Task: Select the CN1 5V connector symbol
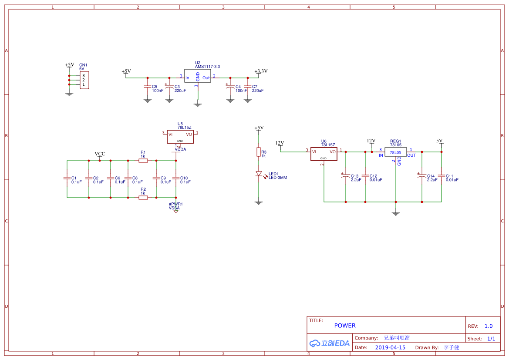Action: [x=84, y=80]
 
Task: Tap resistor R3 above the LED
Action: [x=259, y=152]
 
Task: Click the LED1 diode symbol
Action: [x=259, y=174]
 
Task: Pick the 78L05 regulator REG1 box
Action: [x=395, y=152]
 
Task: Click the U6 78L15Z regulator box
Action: [x=324, y=154]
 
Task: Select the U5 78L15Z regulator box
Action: [x=180, y=136]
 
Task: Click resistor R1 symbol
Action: [x=143, y=161]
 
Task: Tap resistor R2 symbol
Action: [x=143, y=198]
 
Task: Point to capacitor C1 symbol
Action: [x=67, y=178]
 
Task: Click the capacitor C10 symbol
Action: [x=176, y=178]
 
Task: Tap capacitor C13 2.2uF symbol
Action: [x=346, y=176]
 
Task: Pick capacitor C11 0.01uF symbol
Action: [x=442, y=176]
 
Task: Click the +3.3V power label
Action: [x=261, y=71]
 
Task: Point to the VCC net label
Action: [x=100, y=154]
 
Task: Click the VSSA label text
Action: [x=174, y=208]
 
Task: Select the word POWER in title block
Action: [x=345, y=326]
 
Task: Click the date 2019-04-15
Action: [x=390, y=347]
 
